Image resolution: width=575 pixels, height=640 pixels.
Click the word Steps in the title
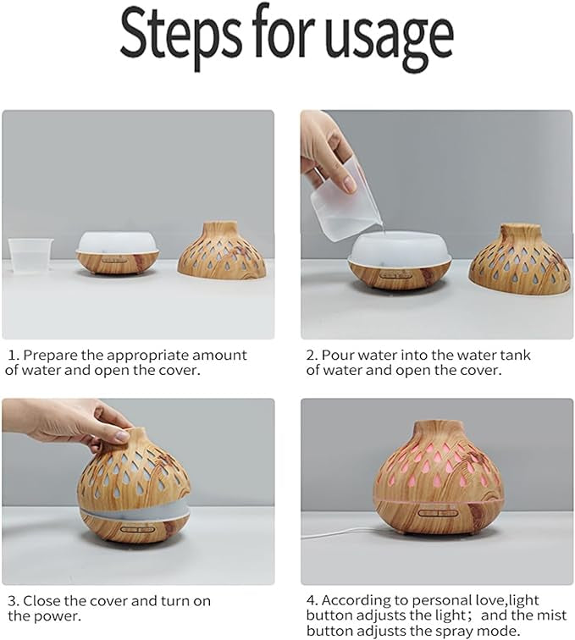(x=182, y=35)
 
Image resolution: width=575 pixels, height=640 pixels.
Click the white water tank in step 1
(x=118, y=242)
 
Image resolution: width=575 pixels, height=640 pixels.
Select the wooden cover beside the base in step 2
(x=519, y=258)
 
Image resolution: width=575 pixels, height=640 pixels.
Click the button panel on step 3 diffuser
(x=137, y=529)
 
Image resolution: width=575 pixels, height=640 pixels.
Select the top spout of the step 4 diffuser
(x=438, y=429)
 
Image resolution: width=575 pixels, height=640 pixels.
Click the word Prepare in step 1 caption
(x=50, y=355)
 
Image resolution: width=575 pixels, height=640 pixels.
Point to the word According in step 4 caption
(x=357, y=601)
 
